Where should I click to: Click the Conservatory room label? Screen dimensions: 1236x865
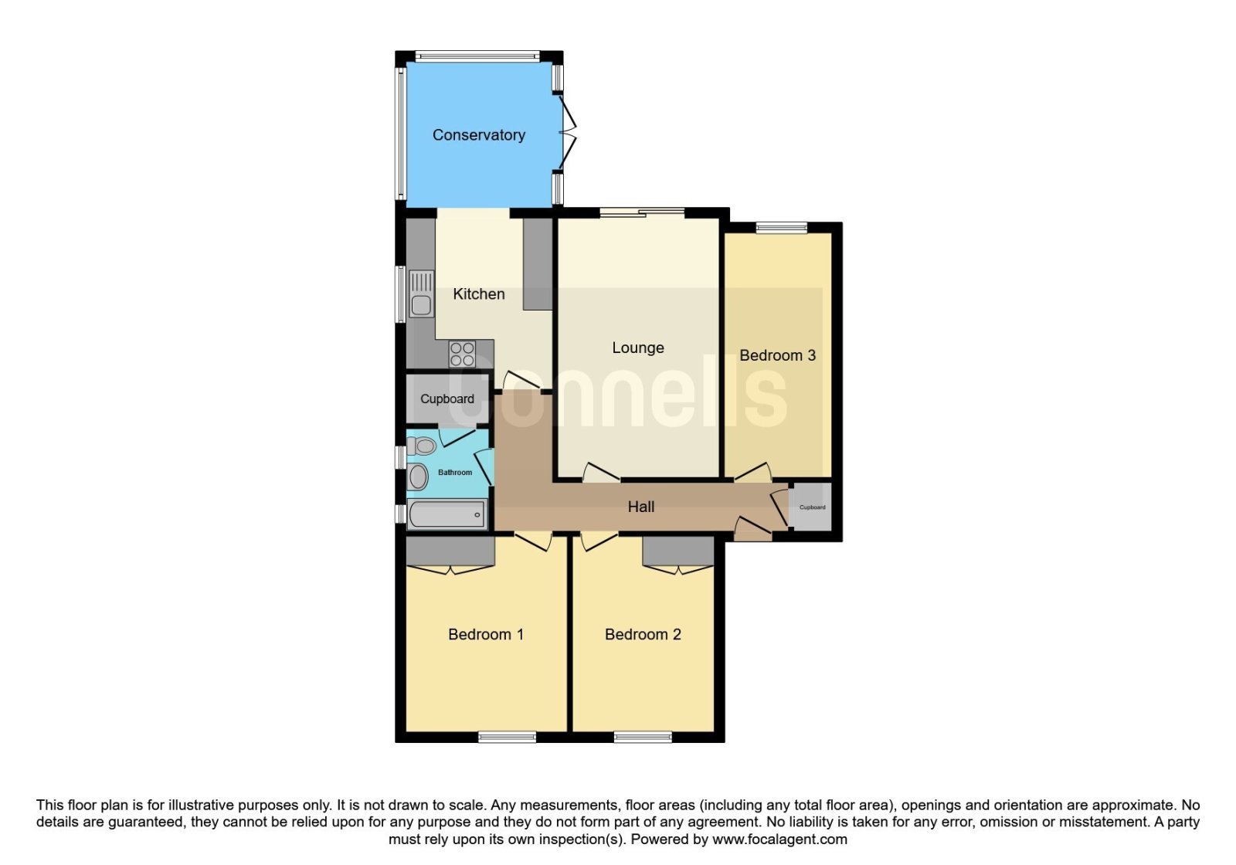pos(478,135)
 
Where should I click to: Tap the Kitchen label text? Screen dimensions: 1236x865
pos(478,294)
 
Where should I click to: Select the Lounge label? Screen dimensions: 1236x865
pos(638,348)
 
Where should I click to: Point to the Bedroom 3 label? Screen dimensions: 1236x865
pos(777,355)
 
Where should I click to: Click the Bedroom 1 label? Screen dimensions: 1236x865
pos(486,634)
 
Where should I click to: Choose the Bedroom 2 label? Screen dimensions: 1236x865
pos(643,634)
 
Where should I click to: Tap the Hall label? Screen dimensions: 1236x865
pos(641,507)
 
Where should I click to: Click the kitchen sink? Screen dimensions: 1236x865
pos(421,294)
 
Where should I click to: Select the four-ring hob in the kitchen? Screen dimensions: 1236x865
pos(462,354)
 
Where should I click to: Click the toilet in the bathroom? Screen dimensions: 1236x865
pos(422,445)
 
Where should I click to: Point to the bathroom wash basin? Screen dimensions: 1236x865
pos(418,477)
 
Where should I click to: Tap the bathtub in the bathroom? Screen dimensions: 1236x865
pos(447,514)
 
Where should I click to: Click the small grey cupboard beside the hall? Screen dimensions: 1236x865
pos(810,507)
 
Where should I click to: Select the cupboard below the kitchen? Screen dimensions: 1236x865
pos(447,399)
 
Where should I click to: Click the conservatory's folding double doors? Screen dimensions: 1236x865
pos(567,132)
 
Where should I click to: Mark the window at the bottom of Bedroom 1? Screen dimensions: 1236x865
pos(507,737)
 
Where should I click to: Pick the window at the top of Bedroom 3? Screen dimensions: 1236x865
pos(781,227)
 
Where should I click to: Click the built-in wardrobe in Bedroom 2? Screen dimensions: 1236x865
pos(678,551)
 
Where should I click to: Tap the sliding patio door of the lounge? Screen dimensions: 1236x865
pos(642,212)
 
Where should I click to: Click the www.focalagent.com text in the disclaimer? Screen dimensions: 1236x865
pos(779,840)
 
